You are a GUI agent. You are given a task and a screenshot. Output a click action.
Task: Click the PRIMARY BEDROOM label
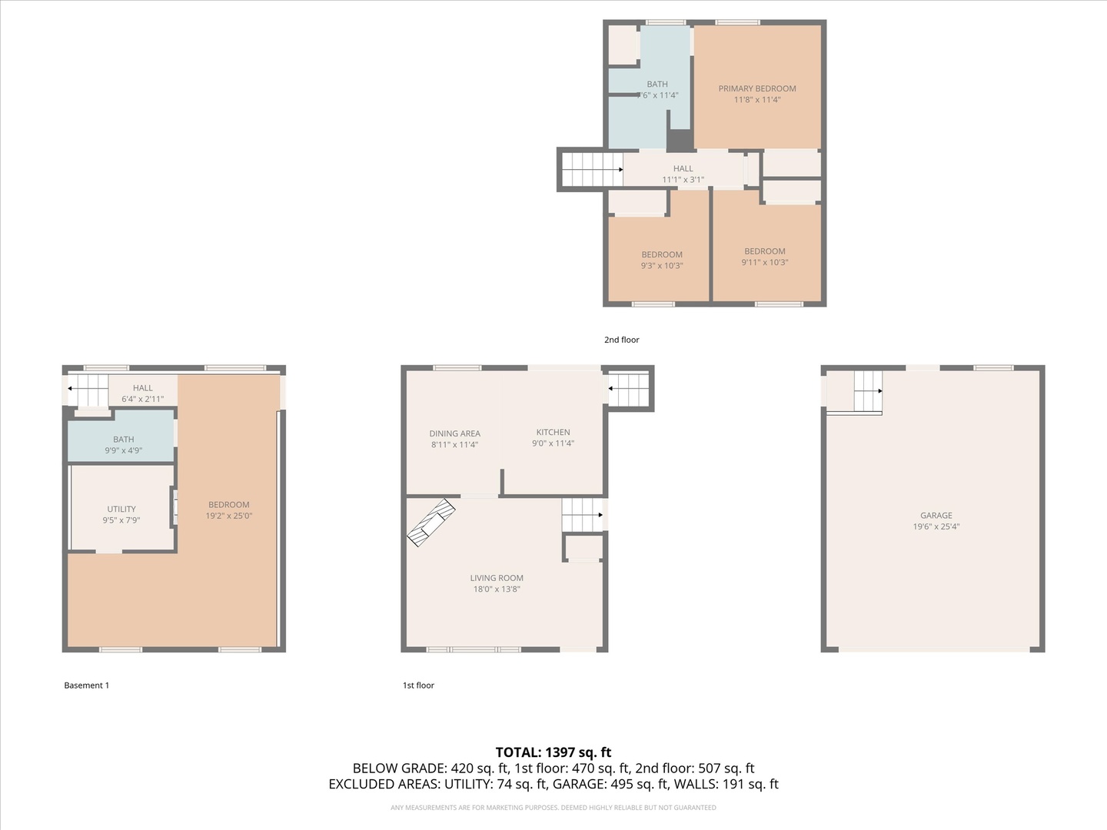tap(757, 88)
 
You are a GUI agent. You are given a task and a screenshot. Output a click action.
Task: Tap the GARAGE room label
tap(936, 516)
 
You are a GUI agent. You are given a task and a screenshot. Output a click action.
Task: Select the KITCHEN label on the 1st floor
tap(553, 432)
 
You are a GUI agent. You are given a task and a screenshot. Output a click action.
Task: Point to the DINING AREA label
tap(454, 433)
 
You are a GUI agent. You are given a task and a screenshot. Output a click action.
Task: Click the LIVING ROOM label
tap(497, 578)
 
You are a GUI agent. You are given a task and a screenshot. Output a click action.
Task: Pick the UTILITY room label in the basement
tap(121, 509)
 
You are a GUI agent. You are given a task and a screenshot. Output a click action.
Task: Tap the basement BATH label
tap(123, 440)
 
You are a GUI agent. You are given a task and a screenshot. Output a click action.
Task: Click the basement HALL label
tap(142, 388)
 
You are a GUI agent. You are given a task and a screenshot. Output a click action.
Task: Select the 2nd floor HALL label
tap(683, 168)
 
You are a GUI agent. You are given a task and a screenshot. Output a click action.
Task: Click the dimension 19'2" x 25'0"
tap(228, 516)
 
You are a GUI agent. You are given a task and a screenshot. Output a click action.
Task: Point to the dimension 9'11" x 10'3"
tap(764, 262)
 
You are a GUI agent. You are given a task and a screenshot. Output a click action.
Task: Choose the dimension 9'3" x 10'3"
tap(661, 266)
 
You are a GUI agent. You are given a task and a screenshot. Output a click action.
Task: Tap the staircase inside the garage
tap(868, 391)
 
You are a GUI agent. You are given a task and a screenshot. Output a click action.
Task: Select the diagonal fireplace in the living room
tap(430, 523)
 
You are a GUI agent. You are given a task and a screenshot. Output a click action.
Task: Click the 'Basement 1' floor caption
tap(86, 686)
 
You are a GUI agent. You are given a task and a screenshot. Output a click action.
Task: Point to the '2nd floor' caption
tap(621, 340)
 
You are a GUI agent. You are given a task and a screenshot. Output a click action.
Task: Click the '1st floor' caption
tap(418, 686)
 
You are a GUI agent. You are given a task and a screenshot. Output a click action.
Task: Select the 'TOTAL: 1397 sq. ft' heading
tap(553, 752)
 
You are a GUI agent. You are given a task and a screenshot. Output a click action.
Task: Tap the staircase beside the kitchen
tap(629, 389)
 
